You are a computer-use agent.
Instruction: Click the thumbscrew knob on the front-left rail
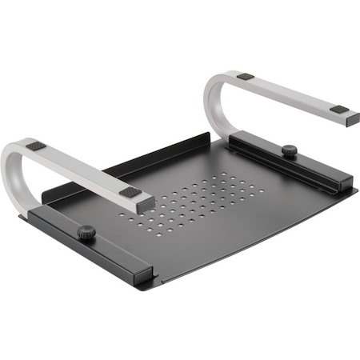tap(86, 232)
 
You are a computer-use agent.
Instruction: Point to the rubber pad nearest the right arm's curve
tap(246, 77)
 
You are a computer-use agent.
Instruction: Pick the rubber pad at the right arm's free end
tap(339, 109)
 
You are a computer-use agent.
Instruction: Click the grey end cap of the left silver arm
tap(146, 205)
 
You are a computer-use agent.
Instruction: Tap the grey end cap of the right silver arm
tap(352, 120)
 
